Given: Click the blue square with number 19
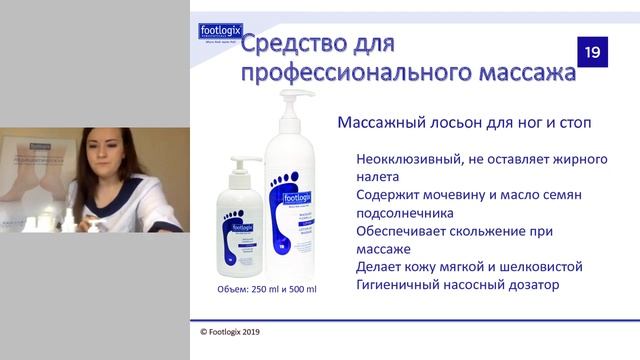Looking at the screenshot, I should tap(593, 53).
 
